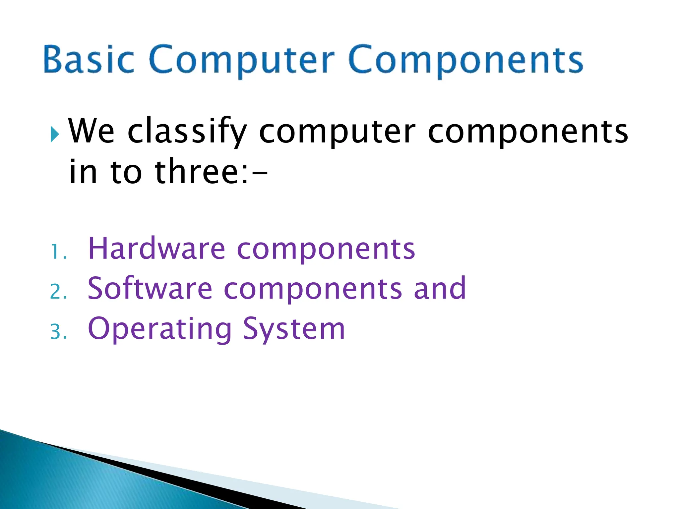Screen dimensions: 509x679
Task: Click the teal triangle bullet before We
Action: coord(55,135)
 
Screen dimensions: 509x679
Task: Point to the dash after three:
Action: coord(259,173)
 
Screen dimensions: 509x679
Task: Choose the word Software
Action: coord(150,288)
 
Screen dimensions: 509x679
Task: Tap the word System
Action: coord(294,329)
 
